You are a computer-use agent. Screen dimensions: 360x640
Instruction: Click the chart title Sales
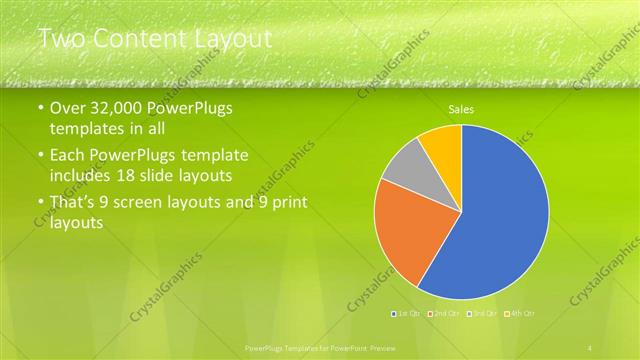tap(461, 109)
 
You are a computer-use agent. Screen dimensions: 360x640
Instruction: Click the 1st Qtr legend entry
tap(405, 314)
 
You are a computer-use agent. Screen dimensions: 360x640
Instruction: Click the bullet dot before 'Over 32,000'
tap(40, 109)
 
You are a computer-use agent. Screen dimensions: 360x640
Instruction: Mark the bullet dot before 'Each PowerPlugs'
tap(40, 156)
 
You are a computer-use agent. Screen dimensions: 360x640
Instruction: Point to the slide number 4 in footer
tap(591, 346)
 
